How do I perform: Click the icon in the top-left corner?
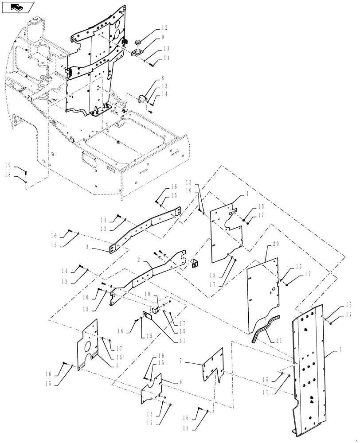click(17, 7)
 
